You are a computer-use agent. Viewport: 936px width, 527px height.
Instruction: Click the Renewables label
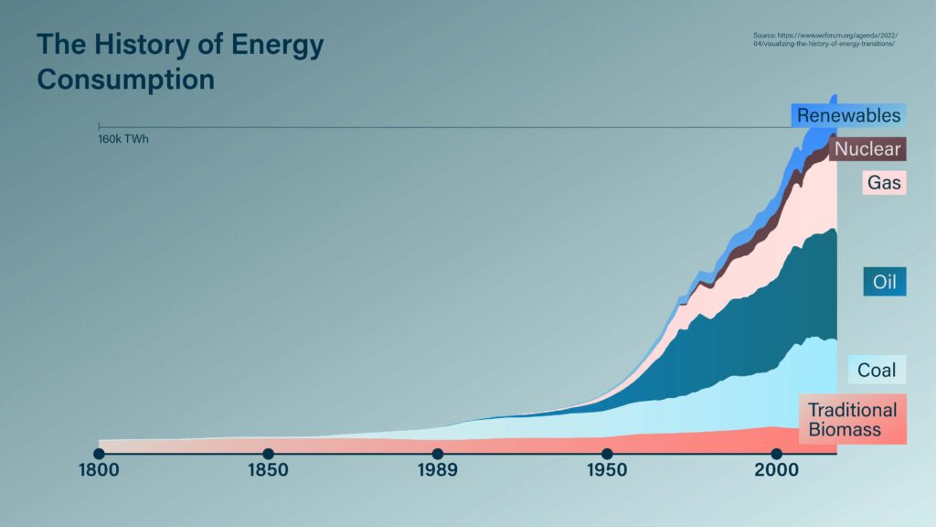coord(848,115)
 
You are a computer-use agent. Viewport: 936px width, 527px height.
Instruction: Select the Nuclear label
coord(867,149)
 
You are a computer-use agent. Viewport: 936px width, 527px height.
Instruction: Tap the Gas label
coord(884,183)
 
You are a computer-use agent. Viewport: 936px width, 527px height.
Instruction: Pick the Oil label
coord(884,282)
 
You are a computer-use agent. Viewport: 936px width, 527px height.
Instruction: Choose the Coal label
coord(877,371)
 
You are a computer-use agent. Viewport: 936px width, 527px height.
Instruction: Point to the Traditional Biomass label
coord(852,420)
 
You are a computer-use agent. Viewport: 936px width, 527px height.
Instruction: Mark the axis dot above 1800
coord(99,454)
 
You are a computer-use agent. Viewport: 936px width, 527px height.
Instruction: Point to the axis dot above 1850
coord(268,454)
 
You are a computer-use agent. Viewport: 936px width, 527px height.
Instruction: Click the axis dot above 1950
coord(606,454)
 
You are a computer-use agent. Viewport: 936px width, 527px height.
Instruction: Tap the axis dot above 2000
coord(776,454)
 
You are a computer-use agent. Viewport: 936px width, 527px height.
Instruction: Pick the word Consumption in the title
coord(125,79)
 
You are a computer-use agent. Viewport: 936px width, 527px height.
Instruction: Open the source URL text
coord(823,39)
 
